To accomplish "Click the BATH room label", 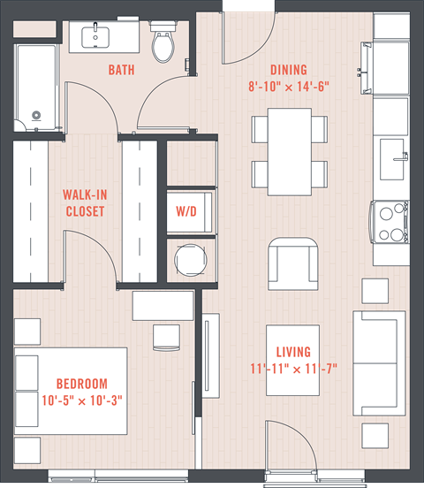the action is (x=121, y=70).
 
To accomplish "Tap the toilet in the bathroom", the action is (x=163, y=42).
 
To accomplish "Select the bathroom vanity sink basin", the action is (x=95, y=37).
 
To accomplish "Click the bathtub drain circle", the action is (x=36, y=115).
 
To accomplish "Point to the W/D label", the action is (x=186, y=211).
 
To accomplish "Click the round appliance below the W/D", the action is (x=191, y=260).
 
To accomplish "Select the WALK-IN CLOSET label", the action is (x=85, y=203).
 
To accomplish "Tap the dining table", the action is (x=290, y=152).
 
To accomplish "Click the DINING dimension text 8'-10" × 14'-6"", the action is (x=289, y=87).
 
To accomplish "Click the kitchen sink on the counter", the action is (x=392, y=159).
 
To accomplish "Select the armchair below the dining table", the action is (x=293, y=264).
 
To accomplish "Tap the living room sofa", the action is (x=379, y=362).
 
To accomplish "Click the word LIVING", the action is (x=293, y=352).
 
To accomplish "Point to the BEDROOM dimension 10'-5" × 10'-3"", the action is (x=82, y=400).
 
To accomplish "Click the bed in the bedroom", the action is (x=71, y=392).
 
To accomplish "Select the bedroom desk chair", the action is (x=166, y=339).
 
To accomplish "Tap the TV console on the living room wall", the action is (x=211, y=355).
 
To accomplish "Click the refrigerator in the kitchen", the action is (x=391, y=26).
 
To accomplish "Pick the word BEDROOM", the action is (x=82, y=384).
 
